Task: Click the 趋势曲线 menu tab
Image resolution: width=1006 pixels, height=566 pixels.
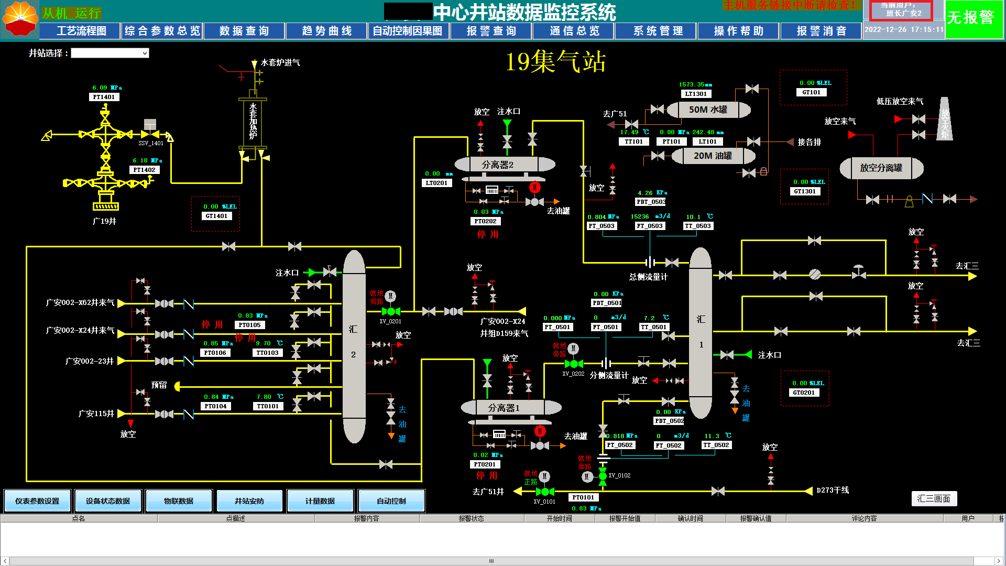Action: point(326,31)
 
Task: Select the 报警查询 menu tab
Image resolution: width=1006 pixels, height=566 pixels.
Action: point(491,31)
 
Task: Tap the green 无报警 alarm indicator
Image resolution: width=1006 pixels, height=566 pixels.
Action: point(974,19)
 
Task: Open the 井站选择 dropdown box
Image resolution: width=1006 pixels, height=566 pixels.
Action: point(110,53)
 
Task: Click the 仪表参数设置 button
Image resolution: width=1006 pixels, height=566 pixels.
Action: point(37,501)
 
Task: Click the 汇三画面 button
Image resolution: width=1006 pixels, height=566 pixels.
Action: point(934,498)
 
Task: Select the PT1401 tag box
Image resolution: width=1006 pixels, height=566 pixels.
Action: point(104,97)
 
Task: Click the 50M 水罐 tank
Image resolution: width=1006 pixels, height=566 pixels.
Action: point(708,110)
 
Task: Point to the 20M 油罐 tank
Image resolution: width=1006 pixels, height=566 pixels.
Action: point(713,156)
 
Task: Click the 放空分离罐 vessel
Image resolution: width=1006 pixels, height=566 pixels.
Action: point(881,168)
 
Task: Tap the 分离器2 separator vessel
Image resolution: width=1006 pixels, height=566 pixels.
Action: point(498,165)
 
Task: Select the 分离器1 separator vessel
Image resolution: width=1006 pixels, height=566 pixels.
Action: point(504,408)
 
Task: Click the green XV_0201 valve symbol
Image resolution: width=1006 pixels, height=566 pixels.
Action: point(391,311)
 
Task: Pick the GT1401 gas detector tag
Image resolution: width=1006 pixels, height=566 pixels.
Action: point(216,216)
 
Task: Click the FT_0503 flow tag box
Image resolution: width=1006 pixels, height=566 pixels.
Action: point(649,226)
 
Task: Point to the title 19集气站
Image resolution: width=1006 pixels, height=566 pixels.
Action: point(555,62)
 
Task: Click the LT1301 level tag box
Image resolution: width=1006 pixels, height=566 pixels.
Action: point(696,94)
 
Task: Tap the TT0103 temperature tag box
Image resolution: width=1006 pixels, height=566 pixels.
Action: point(267,353)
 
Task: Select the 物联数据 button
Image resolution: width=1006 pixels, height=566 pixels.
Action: point(179,501)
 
